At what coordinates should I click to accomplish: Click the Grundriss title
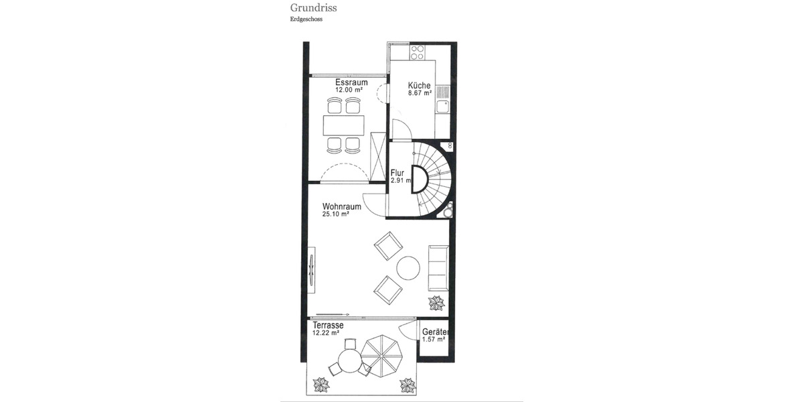(x=313, y=8)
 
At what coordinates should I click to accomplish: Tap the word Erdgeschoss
(x=306, y=19)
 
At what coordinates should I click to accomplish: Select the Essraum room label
(x=351, y=82)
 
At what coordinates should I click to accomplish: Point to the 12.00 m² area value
(x=349, y=90)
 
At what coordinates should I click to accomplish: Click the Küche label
(x=420, y=86)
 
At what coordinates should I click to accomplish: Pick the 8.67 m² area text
(x=420, y=94)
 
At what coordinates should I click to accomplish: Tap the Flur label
(x=397, y=173)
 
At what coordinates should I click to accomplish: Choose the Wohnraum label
(x=342, y=206)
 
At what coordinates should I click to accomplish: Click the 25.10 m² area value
(x=337, y=214)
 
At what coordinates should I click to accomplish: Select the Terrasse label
(x=328, y=325)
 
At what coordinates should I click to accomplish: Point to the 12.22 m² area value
(x=326, y=333)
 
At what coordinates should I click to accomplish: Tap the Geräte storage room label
(x=435, y=332)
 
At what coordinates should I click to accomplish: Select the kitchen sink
(x=442, y=106)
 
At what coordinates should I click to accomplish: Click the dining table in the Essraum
(x=345, y=125)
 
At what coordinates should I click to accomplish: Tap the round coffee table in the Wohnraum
(x=408, y=269)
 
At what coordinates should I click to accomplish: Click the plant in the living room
(x=436, y=304)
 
